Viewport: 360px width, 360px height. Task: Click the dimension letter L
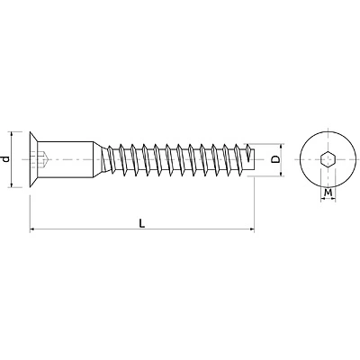click(x=142, y=223)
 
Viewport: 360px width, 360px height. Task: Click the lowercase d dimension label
click(x=5, y=159)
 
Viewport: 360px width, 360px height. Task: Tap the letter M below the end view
click(x=328, y=192)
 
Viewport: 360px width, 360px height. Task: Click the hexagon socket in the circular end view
click(x=328, y=159)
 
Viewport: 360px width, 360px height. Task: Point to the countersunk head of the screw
click(x=33, y=159)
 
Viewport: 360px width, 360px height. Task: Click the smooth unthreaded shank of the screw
click(x=65, y=159)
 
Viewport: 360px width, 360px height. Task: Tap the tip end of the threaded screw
click(x=252, y=159)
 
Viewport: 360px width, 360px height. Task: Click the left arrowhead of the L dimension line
click(x=31, y=229)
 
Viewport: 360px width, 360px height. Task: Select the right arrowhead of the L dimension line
click(x=252, y=229)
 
